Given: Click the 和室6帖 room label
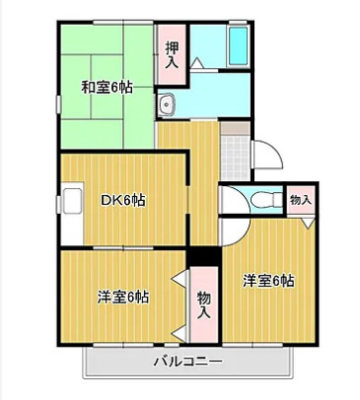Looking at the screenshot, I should (x=107, y=87).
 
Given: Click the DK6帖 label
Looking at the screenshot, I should (x=124, y=200).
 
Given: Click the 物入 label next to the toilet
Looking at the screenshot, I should (x=301, y=200).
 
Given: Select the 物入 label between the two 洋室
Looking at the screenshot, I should (x=203, y=302).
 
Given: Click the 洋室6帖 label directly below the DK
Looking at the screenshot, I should (x=122, y=297).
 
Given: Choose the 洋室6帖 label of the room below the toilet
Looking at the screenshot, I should (x=269, y=281).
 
